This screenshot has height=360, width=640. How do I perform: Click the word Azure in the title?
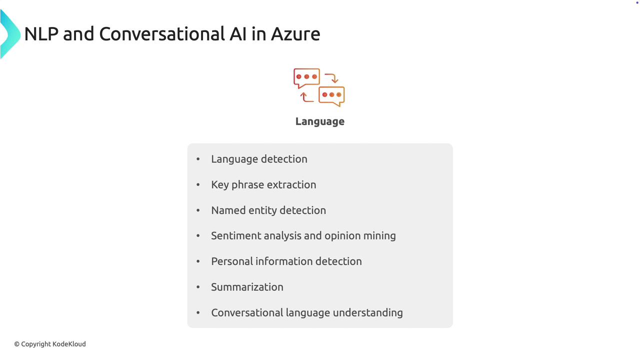[295, 34]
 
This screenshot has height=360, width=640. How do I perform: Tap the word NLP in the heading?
[41, 34]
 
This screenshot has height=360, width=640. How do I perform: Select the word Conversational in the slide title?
[162, 34]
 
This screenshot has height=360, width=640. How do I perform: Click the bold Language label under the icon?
[319, 121]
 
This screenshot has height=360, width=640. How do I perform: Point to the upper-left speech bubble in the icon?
[306, 77]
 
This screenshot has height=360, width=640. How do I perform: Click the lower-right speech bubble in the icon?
[331, 95]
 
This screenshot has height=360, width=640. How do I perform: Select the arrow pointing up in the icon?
[306, 97]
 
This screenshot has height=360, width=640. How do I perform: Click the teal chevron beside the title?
[10, 34]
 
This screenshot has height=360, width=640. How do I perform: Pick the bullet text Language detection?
[259, 159]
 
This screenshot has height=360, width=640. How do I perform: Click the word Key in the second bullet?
[220, 185]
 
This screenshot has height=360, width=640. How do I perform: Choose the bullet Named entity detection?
[268, 210]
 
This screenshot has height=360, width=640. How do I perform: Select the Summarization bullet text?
[247, 287]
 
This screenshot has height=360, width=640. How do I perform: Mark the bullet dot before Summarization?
[198, 287]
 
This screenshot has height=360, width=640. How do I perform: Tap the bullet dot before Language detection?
[198, 159]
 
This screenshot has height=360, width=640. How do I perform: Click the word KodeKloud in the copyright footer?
[69, 344]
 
